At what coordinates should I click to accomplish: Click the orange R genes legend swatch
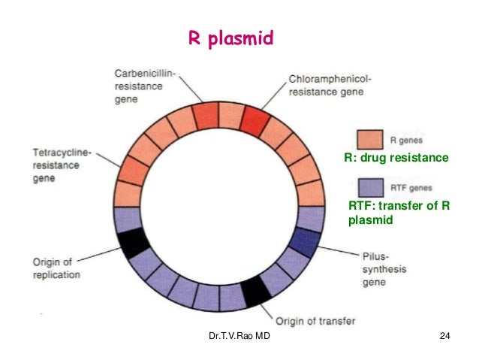tap(369, 140)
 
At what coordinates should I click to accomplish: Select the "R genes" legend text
tap(409, 140)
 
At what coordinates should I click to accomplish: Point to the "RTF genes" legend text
tap(412, 188)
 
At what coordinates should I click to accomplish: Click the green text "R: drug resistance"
tap(396, 159)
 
